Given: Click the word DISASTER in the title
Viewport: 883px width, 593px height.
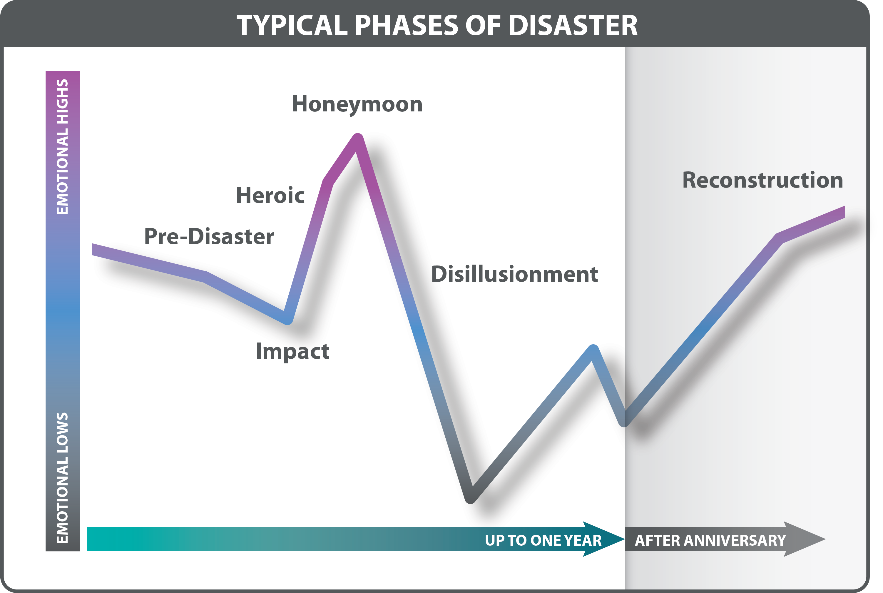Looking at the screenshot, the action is [x=573, y=26].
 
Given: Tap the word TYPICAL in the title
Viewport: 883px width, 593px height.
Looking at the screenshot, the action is [x=292, y=26].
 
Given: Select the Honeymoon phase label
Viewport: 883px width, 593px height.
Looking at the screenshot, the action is [x=357, y=105].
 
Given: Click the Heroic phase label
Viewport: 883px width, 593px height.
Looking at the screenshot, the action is [x=270, y=195].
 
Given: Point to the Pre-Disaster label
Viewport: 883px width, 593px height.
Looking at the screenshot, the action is [x=209, y=236].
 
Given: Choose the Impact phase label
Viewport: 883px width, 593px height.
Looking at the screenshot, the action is [x=292, y=351].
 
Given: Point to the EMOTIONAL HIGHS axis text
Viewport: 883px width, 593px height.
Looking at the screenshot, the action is [x=62, y=147].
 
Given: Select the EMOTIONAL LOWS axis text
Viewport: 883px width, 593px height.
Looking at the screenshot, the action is [x=62, y=478].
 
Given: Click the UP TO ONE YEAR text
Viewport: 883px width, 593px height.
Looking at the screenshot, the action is [x=543, y=540].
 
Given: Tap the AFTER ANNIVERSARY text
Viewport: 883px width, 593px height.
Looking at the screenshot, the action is [x=710, y=540].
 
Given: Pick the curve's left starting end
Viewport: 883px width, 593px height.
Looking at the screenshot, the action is [x=93, y=249].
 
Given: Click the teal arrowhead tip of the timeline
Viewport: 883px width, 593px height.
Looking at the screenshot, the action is [x=624, y=539].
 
